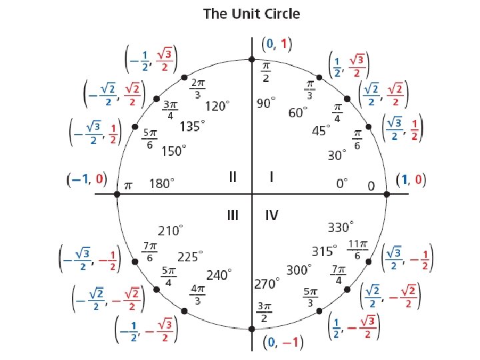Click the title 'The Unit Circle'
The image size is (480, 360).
click(x=251, y=13)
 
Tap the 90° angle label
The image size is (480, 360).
click(x=267, y=104)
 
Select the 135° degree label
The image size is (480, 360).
click(x=191, y=125)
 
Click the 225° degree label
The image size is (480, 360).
click(x=190, y=256)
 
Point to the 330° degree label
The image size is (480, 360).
click(x=341, y=227)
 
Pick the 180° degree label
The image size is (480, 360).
click(x=161, y=182)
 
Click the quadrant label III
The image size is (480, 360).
click(x=233, y=215)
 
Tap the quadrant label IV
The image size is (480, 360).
click(x=271, y=215)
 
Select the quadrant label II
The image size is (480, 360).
click(x=233, y=177)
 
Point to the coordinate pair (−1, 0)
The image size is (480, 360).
click(x=87, y=179)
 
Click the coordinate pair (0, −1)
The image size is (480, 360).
click(x=283, y=343)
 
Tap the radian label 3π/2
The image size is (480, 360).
click(x=265, y=311)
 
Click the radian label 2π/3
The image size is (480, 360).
click(x=197, y=88)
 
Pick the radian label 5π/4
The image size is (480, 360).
click(x=169, y=277)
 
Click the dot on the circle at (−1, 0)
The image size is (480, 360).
click(x=117, y=194)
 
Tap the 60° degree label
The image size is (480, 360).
click(x=298, y=113)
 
